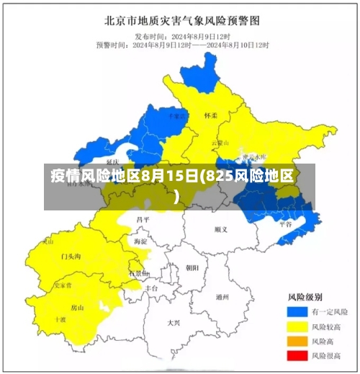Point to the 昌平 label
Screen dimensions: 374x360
[143, 219]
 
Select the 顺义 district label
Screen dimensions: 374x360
[220, 230]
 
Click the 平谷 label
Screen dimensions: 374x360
[286, 224]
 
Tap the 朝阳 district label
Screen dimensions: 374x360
[192, 267]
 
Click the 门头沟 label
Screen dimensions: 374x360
[71, 257]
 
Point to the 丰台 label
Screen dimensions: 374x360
[151, 288]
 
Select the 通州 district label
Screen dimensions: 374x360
[222, 296]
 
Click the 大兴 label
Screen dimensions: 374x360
[174, 323]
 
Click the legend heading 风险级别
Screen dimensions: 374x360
[305, 297]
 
